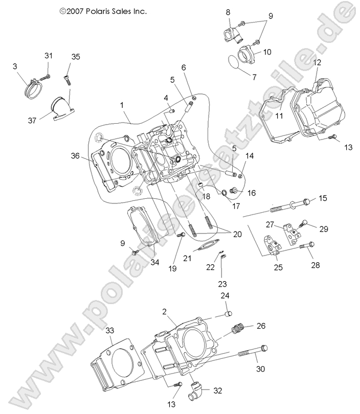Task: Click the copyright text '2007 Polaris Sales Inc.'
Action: point(103,10)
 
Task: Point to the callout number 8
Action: point(228,12)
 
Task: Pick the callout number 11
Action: point(279,115)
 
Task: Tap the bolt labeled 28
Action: point(306,246)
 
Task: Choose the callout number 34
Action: point(155,262)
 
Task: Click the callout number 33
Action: point(109,331)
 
